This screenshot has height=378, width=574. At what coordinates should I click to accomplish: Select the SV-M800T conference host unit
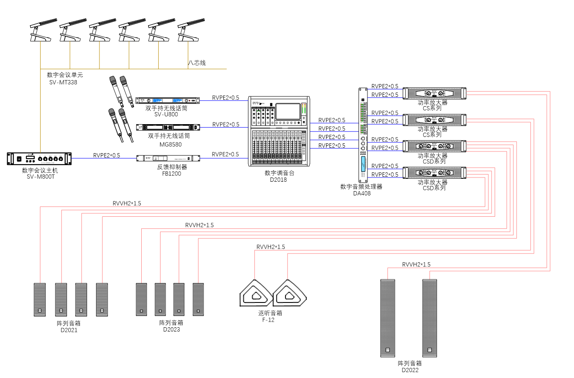point(39,159)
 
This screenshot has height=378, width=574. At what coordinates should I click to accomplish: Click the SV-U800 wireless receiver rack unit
point(168,100)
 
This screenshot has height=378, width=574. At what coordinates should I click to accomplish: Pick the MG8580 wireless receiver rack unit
point(168,127)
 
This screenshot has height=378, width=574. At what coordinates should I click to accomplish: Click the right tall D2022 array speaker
point(429,318)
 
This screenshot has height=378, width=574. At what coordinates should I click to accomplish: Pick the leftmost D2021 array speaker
point(40,299)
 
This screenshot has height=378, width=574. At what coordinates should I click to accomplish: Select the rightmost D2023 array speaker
point(198,299)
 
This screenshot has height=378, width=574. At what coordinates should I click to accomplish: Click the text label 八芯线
point(197,63)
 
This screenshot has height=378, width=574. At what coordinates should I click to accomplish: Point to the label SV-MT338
point(63,82)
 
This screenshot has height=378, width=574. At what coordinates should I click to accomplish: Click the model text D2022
point(410,370)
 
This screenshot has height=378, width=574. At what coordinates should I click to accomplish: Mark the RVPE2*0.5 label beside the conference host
point(107,155)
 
